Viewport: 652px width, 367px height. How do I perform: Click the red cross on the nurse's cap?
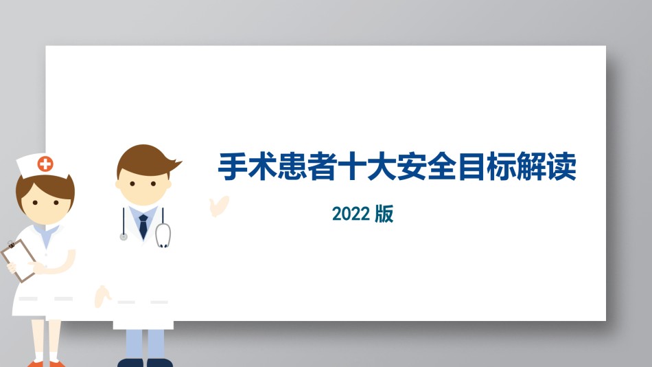coord(45,164)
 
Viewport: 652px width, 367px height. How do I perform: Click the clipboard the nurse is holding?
coord(19,260)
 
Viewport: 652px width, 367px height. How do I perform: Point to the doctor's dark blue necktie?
coord(143,226)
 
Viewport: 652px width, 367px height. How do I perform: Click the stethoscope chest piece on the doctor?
coord(124,236)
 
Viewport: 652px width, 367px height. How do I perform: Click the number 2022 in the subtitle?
coord(351,214)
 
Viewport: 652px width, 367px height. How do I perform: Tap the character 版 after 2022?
coord(384,214)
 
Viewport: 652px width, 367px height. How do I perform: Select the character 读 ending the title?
coord(562,166)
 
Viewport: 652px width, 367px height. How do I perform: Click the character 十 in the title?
coord(353,166)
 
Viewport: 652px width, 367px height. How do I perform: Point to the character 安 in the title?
coord(412,166)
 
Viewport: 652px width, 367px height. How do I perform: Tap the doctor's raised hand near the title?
coord(219,205)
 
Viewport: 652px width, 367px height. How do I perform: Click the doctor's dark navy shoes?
coord(145,362)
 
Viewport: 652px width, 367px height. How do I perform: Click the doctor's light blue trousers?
coord(145,344)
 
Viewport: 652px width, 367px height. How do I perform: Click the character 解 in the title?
coord(532,166)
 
